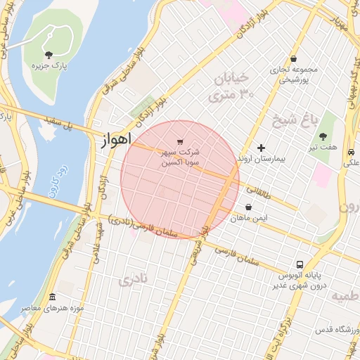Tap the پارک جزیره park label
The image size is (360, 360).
click(49, 65)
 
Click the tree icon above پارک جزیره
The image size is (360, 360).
click(48, 54)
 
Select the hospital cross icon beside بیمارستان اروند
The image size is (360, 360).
click(262, 148)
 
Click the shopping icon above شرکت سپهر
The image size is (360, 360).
click(181, 141)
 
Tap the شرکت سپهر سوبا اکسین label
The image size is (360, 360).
click(181, 157)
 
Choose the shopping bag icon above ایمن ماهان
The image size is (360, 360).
click(249, 207)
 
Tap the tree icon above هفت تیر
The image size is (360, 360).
click(323, 136)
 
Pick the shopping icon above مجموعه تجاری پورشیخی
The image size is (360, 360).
click(292, 58)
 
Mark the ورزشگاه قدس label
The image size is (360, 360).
click(321, 330)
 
